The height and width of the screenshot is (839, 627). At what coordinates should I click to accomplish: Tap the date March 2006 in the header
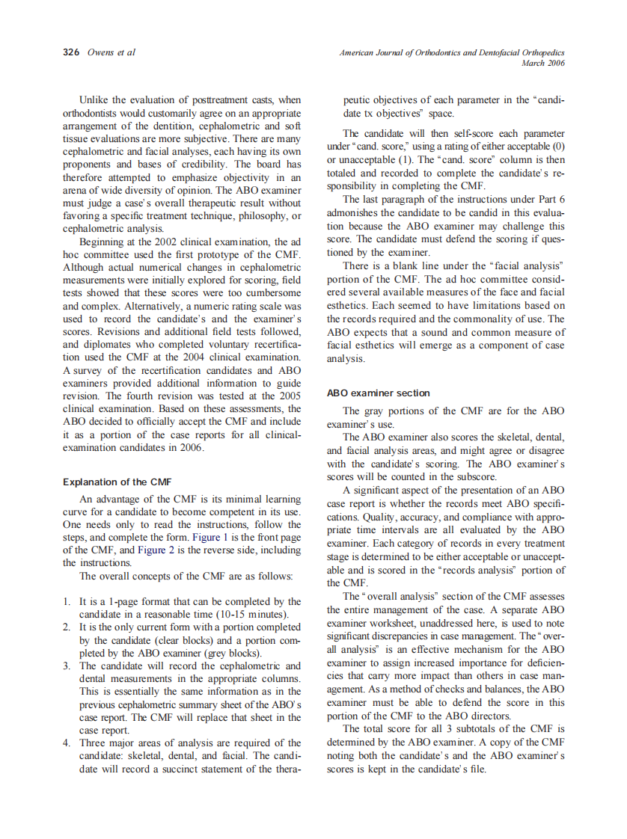(542, 63)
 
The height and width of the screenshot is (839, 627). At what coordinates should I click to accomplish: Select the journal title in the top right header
(451, 53)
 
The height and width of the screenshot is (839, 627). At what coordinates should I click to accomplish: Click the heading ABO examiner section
(379, 393)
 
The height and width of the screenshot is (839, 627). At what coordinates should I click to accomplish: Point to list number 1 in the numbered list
(66, 601)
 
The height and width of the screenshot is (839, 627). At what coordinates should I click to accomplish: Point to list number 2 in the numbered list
(66, 627)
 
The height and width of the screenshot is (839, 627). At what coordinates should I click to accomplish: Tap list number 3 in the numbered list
(66, 666)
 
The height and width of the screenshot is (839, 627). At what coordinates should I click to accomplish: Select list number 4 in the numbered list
(66, 743)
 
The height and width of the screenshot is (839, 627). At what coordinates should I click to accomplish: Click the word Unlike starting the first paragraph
(94, 99)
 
